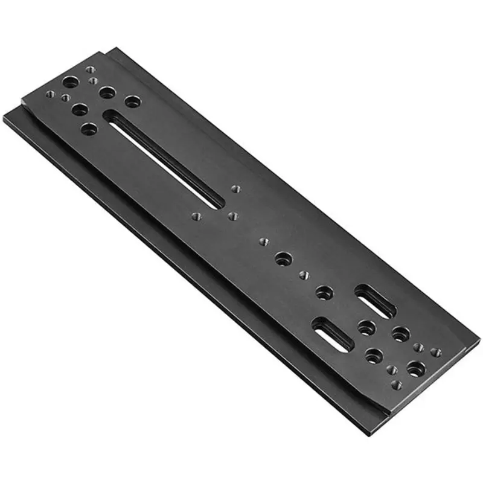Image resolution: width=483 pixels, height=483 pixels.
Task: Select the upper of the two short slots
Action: tap(375, 300)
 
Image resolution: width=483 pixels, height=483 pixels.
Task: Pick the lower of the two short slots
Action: tap(333, 335)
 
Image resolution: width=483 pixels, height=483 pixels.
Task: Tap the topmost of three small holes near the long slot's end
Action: tap(237, 188)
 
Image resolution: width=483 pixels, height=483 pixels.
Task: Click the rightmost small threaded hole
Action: tap(436, 352)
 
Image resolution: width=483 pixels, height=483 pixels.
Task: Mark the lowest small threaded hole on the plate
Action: tap(395, 384)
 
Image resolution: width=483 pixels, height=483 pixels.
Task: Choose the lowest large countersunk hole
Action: tap(415, 367)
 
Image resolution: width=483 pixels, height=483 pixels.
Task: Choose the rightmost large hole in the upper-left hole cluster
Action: tap(132, 101)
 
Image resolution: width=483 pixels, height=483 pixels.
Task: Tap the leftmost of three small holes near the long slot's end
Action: tap(196, 215)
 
